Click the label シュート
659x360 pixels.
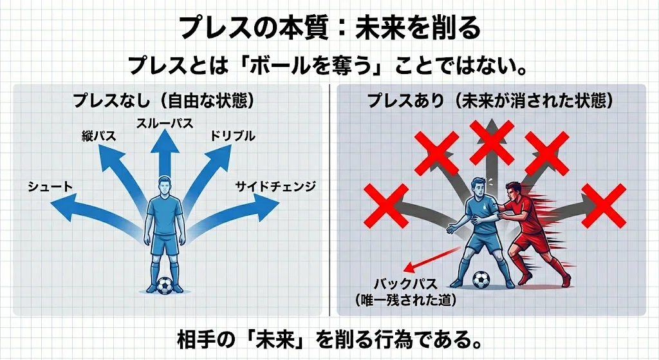click(x=50, y=187)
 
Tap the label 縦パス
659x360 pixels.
click(x=99, y=136)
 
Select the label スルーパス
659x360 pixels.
click(x=165, y=123)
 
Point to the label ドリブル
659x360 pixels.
click(x=233, y=136)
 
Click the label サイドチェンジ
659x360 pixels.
click(x=275, y=186)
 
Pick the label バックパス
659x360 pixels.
click(x=405, y=284)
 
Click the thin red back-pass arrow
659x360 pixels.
click(x=431, y=260)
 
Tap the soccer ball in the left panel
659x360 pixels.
click(x=165, y=285)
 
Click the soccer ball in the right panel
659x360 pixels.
click(x=481, y=279)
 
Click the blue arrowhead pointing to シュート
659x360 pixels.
click(x=64, y=207)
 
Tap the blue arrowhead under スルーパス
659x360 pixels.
click(x=165, y=140)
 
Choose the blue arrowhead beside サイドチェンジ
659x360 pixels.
click(x=266, y=207)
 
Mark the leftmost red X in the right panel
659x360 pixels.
click(x=386, y=205)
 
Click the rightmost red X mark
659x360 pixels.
click(x=604, y=205)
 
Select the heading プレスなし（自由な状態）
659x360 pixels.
click(x=164, y=101)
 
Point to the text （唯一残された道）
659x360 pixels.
click(x=405, y=300)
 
